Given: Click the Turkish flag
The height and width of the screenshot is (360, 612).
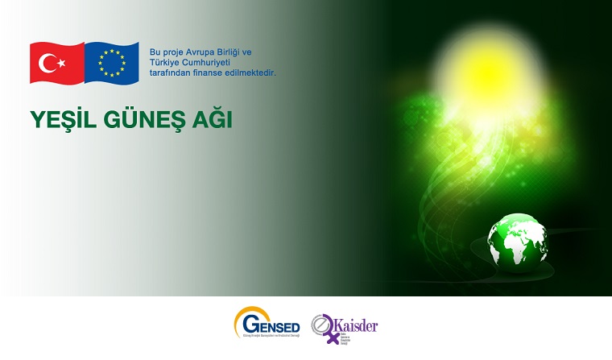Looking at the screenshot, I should (56, 62).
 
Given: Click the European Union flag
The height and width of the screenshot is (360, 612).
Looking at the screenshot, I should (111, 62).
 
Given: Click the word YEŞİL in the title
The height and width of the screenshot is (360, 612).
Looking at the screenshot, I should (59, 119).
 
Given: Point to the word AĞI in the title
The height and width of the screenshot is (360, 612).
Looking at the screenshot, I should (209, 119).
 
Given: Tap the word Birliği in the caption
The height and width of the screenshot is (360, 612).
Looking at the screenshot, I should (234, 52).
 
